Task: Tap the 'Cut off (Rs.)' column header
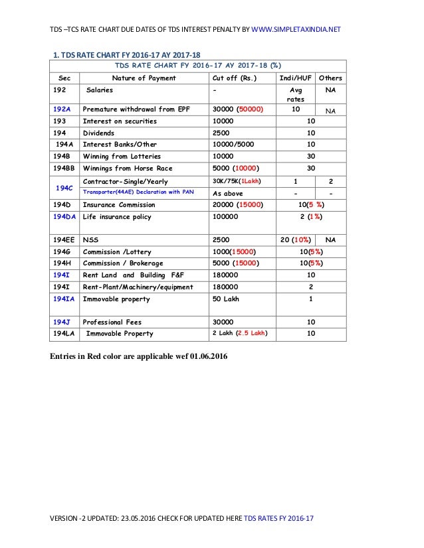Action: coord(233,78)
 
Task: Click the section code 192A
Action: coord(64,109)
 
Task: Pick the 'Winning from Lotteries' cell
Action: coord(122,157)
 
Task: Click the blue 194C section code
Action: coord(64,188)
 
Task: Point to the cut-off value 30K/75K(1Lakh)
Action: coord(236,181)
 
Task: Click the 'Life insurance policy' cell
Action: coord(117,217)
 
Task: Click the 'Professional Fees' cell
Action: coord(112,322)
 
